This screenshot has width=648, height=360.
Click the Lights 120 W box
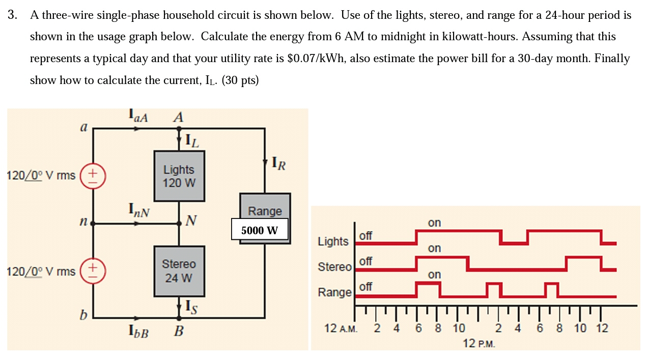pos(179,176)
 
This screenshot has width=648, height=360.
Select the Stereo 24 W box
pos(179,271)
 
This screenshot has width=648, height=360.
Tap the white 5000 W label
pos(260,230)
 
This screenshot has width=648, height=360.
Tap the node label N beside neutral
pos(191,220)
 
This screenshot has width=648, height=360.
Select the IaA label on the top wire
pos(138,117)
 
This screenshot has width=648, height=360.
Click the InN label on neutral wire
pos(138,209)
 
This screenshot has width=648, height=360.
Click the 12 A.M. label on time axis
pos(341,328)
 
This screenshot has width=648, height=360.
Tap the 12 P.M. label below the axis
pos(478,343)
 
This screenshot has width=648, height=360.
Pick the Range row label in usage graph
pos(334,292)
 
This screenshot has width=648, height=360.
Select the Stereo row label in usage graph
pos(334,266)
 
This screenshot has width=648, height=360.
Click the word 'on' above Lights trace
pos(434,223)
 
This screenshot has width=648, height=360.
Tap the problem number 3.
pos(12,15)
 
